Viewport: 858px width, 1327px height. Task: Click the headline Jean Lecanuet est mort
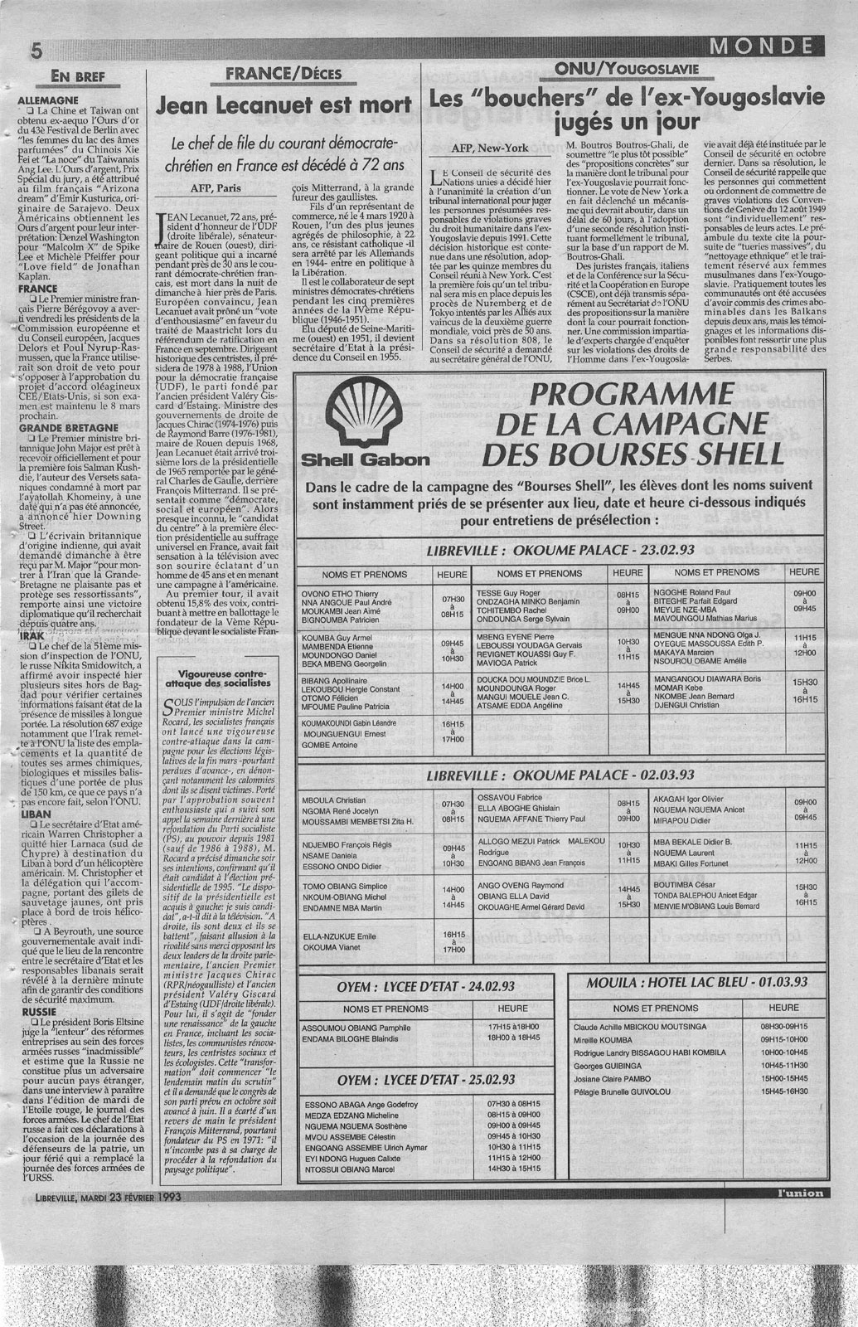coord(284,105)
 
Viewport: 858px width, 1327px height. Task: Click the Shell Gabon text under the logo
coord(365,458)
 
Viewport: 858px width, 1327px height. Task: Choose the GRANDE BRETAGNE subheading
coord(59,428)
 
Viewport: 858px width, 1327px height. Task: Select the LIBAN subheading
coord(35,815)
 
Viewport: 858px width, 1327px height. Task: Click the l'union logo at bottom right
coord(788,1193)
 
